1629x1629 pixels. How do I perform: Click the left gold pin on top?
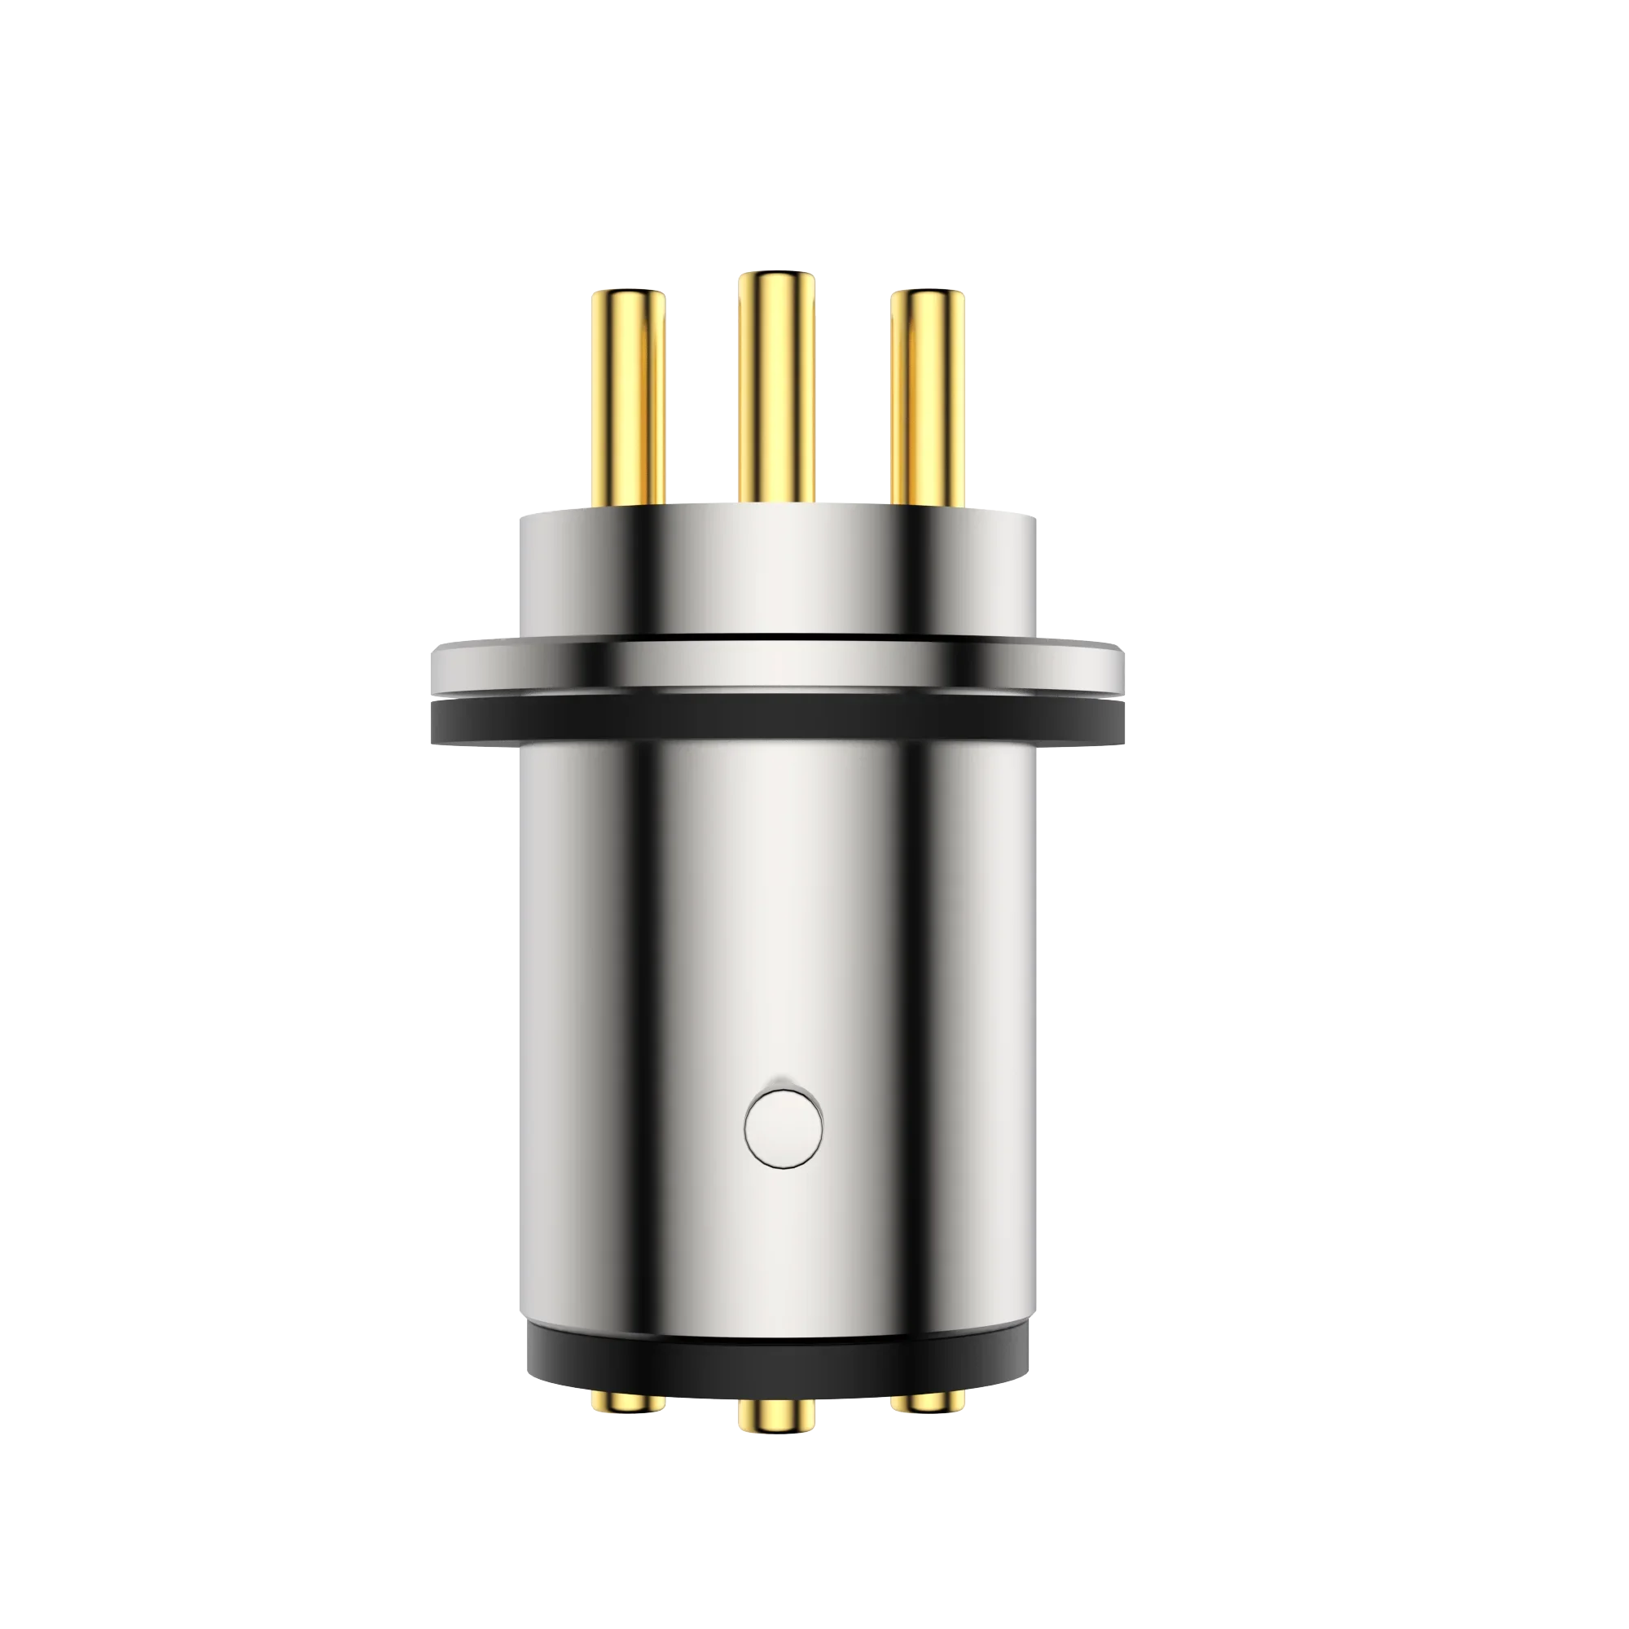[x=628, y=397]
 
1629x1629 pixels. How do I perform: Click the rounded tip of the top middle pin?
[x=776, y=278]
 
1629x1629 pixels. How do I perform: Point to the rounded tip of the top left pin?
[x=628, y=296]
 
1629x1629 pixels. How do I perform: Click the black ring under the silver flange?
[x=776, y=723]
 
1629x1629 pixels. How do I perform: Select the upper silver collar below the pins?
[x=776, y=573]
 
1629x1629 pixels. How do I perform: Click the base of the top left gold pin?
[x=628, y=499]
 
